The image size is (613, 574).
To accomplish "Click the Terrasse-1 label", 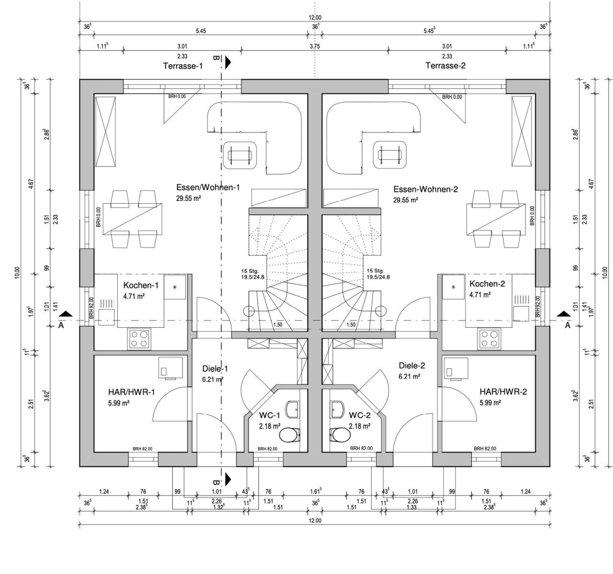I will (x=183, y=66).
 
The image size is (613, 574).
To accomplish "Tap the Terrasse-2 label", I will (x=445, y=66).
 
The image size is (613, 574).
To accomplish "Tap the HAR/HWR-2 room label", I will (x=503, y=392).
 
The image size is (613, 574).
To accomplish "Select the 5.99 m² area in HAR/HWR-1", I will (x=119, y=403).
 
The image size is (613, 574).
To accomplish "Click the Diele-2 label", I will (x=412, y=365).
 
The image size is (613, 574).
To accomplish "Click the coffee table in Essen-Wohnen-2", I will (x=389, y=155).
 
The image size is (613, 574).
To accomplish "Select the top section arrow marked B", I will (x=227, y=61).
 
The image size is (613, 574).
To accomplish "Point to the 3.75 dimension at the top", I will (x=315, y=46).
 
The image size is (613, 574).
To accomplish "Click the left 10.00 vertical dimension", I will (x=17, y=272).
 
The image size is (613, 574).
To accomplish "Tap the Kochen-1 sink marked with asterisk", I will (x=175, y=287).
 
